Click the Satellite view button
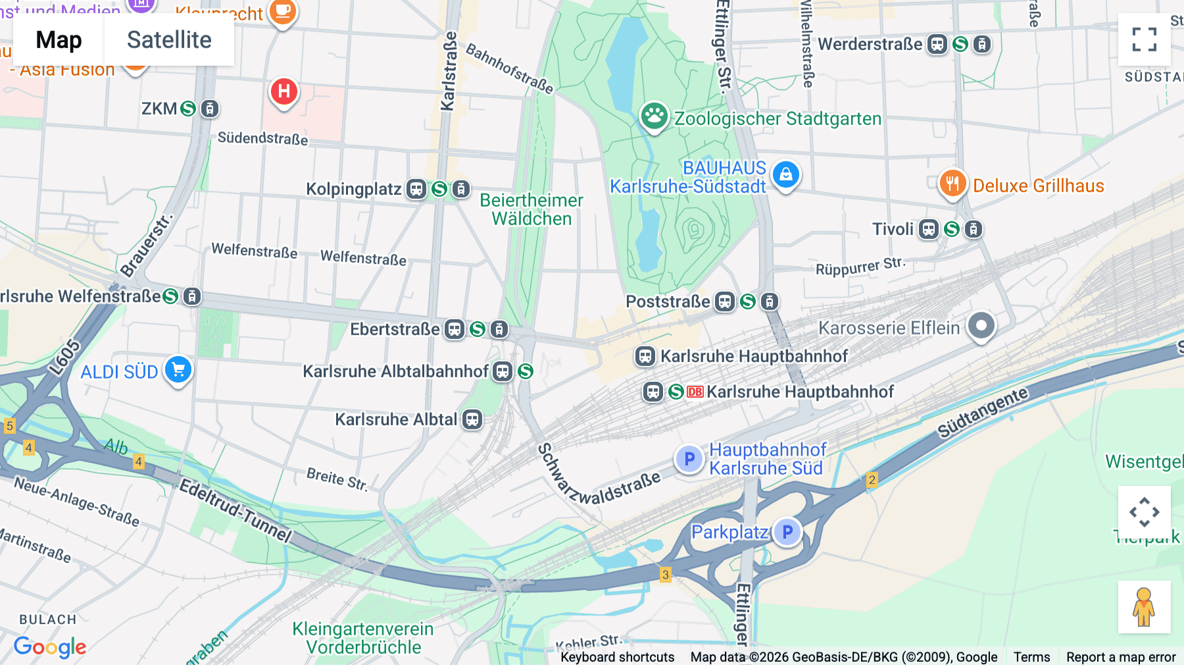click(169, 40)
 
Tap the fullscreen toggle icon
click(1144, 40)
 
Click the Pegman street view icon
click(1144, 606)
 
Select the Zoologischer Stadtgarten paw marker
click(654, 117)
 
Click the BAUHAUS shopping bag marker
click(785, 174)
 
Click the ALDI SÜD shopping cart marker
click(178, 369)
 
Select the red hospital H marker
click(284, 92)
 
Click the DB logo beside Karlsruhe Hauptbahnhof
click(695, 392)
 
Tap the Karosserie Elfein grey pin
click(981, 325)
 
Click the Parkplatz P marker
click(787, 532)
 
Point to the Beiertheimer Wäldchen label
click(531, 209)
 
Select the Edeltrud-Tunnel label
click(235, 511)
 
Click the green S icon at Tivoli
click(951, 229)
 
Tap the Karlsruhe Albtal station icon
click(472, 419)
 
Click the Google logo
click(50, 647)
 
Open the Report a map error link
click(1120, 657)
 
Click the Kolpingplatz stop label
click(353, 190)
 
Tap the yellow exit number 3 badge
click(666, 575)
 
